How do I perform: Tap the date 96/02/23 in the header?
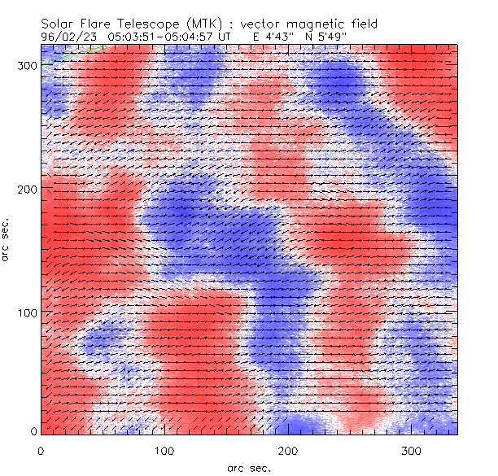click(68, 37)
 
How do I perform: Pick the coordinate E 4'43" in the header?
click(274, 37)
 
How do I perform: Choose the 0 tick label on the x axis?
click(41, 450)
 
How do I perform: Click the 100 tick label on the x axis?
click(164, 450)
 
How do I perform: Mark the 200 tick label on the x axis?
click(287, 450)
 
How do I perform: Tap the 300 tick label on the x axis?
click(410, 450)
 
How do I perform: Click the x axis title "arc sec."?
click(248, 467)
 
